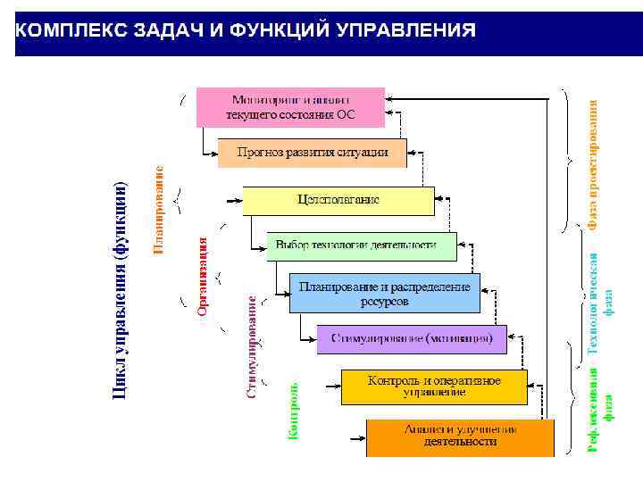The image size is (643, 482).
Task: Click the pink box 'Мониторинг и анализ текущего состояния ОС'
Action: (x=290, y=107)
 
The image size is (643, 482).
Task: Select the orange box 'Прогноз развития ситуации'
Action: (x=312, y=153)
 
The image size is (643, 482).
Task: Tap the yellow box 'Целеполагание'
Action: (x=338, y=200)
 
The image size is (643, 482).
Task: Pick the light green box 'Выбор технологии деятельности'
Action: (x=361, y=245)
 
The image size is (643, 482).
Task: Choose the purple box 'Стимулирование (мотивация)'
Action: (x=412, y=338)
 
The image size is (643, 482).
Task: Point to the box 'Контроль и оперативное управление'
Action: (x=434, y=386)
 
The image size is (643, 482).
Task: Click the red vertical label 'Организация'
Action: (x=203, y=276)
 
